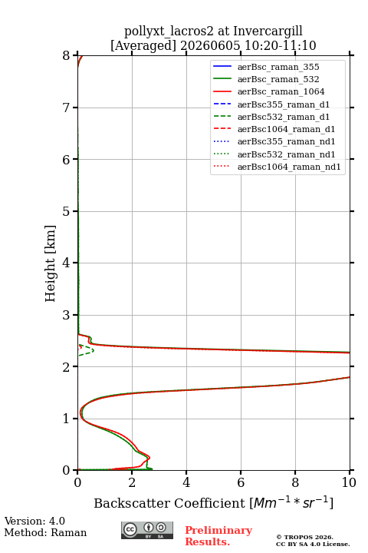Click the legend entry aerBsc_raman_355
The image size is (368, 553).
pos(278,67)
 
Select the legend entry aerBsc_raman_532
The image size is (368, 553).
pos(278,79)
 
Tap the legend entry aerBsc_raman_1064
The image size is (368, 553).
pos(281,91)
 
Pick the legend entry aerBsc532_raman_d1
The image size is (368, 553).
pos(284,117)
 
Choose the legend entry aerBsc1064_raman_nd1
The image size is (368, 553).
pos(289,167)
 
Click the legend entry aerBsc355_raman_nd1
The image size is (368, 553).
pos(286,141)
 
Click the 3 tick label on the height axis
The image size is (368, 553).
pos(66,315)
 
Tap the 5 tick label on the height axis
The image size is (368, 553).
pos(66,211)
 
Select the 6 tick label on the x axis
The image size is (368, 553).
pos(241,482)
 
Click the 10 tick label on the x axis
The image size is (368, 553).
pos(349,482)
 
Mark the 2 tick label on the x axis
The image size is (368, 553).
pos(132,482)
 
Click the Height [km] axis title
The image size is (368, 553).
pos(50,263)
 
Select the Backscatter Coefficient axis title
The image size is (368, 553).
pos(213,503)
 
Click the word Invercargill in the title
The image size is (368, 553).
pos(268,31)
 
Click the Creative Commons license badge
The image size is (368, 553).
pos(147,530)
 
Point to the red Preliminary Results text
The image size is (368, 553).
pos(219,536)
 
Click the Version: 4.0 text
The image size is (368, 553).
pos(34,521)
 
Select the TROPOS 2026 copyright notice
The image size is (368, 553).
pos(305,537)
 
